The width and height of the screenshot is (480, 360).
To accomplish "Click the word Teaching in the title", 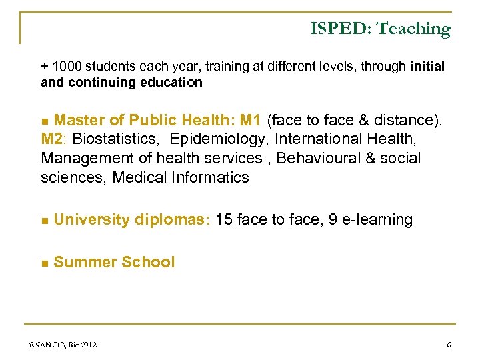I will point(413,29).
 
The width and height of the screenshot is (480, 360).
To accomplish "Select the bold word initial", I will point(427,67).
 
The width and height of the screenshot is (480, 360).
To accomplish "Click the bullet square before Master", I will point(45,121).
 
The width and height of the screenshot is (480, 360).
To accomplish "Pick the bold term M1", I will point(250,121).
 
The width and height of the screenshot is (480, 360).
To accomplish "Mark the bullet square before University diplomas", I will point(45,221).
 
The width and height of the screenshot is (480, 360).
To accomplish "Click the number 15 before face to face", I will point(225,220).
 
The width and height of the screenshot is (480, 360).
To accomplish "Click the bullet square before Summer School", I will point(45,263).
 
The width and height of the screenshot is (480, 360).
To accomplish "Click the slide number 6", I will point(449,345).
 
